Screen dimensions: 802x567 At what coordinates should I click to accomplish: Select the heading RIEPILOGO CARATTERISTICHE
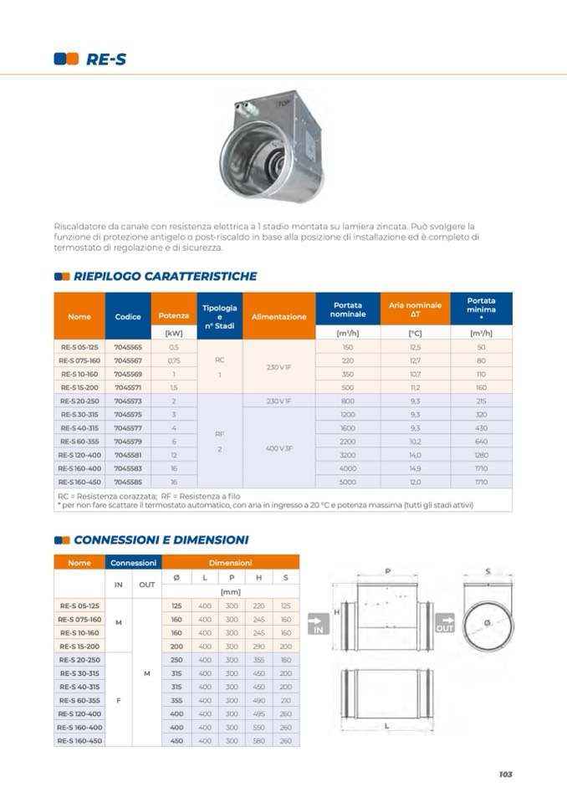pos(165,276)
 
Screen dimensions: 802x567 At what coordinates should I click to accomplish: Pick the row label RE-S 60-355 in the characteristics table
pos(79,441)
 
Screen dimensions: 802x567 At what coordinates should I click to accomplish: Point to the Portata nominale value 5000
pos(348,482)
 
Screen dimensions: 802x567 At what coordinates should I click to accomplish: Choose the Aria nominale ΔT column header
pos(415,310)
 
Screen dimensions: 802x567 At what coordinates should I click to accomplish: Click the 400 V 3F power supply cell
pos(278,448)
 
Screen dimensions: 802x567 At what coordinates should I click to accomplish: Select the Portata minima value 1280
pos(481,455)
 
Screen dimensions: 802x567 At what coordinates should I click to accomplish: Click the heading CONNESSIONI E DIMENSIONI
pos(161,540)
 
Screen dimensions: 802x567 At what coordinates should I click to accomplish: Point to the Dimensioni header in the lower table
pos(230,563)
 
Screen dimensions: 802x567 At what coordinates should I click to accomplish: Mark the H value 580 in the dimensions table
pos(258,740)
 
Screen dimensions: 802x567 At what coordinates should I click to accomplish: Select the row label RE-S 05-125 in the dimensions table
pos(79,605)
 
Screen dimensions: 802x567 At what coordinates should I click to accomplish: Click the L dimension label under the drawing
pos(386,728)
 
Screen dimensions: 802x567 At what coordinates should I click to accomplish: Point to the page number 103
pos(504,774)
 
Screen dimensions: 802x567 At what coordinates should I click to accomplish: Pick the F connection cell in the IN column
pos(118,700)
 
